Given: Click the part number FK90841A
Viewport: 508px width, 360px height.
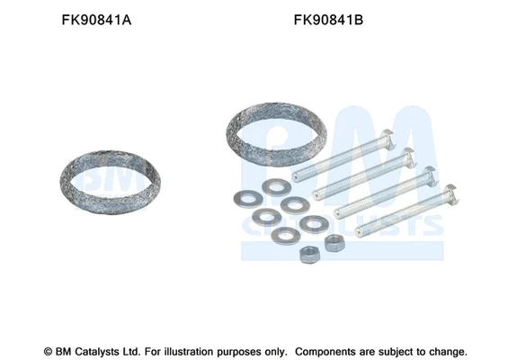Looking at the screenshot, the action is click(x=96, y=20).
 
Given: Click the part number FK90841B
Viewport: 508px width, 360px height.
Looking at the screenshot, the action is click(x=328, y=20).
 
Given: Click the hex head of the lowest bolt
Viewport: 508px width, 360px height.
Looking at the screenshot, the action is click(x=451, y=193).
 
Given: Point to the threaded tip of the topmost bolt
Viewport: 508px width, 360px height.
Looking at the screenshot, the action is click(x=296, y=176).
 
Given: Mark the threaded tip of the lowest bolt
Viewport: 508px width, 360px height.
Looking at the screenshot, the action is click(x=359, y=231).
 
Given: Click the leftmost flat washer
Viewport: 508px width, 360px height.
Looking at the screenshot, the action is click(x=248, y=199).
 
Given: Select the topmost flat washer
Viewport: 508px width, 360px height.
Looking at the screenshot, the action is click(x=276, y=188).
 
